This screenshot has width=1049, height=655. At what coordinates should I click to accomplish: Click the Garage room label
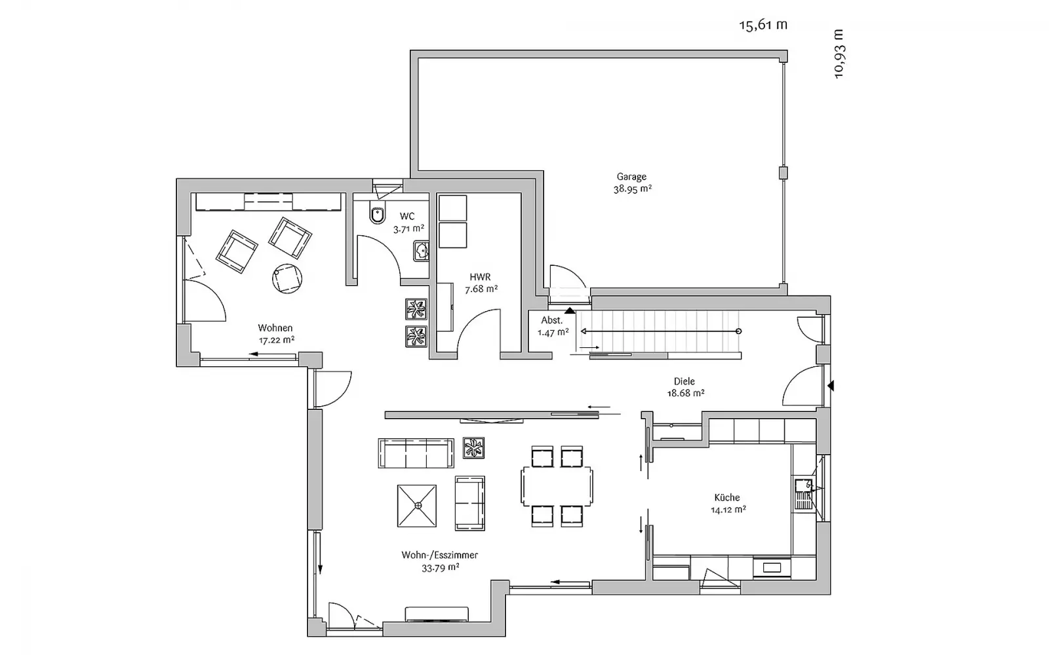point(631,177)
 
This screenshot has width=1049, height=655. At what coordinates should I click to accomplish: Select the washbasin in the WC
point(421,252)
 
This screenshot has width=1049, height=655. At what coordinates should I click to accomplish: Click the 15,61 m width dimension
point(763,25)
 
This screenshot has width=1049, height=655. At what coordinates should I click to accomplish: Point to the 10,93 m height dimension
point(839,54)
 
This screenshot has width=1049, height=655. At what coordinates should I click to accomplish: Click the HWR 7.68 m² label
point(481,283)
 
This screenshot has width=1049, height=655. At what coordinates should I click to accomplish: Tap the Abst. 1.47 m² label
point(553,327)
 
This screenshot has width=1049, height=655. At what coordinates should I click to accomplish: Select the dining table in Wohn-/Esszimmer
point(557,486)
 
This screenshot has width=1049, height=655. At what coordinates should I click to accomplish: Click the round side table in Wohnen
point(287,279)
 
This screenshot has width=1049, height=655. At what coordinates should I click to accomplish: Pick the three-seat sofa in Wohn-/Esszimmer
point(416,453)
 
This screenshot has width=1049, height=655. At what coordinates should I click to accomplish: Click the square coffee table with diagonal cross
point(417,506)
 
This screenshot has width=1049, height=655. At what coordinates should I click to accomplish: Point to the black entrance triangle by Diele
point(831,386)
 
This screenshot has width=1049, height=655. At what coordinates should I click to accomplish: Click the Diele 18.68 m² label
point(685,387)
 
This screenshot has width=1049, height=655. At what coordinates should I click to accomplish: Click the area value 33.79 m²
point(440,568)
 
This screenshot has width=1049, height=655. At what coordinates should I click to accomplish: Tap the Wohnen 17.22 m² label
point(276,334)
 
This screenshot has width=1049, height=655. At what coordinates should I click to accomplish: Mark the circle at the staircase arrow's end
point(738,331)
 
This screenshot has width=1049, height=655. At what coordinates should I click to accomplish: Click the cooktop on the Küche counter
point(772,568)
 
